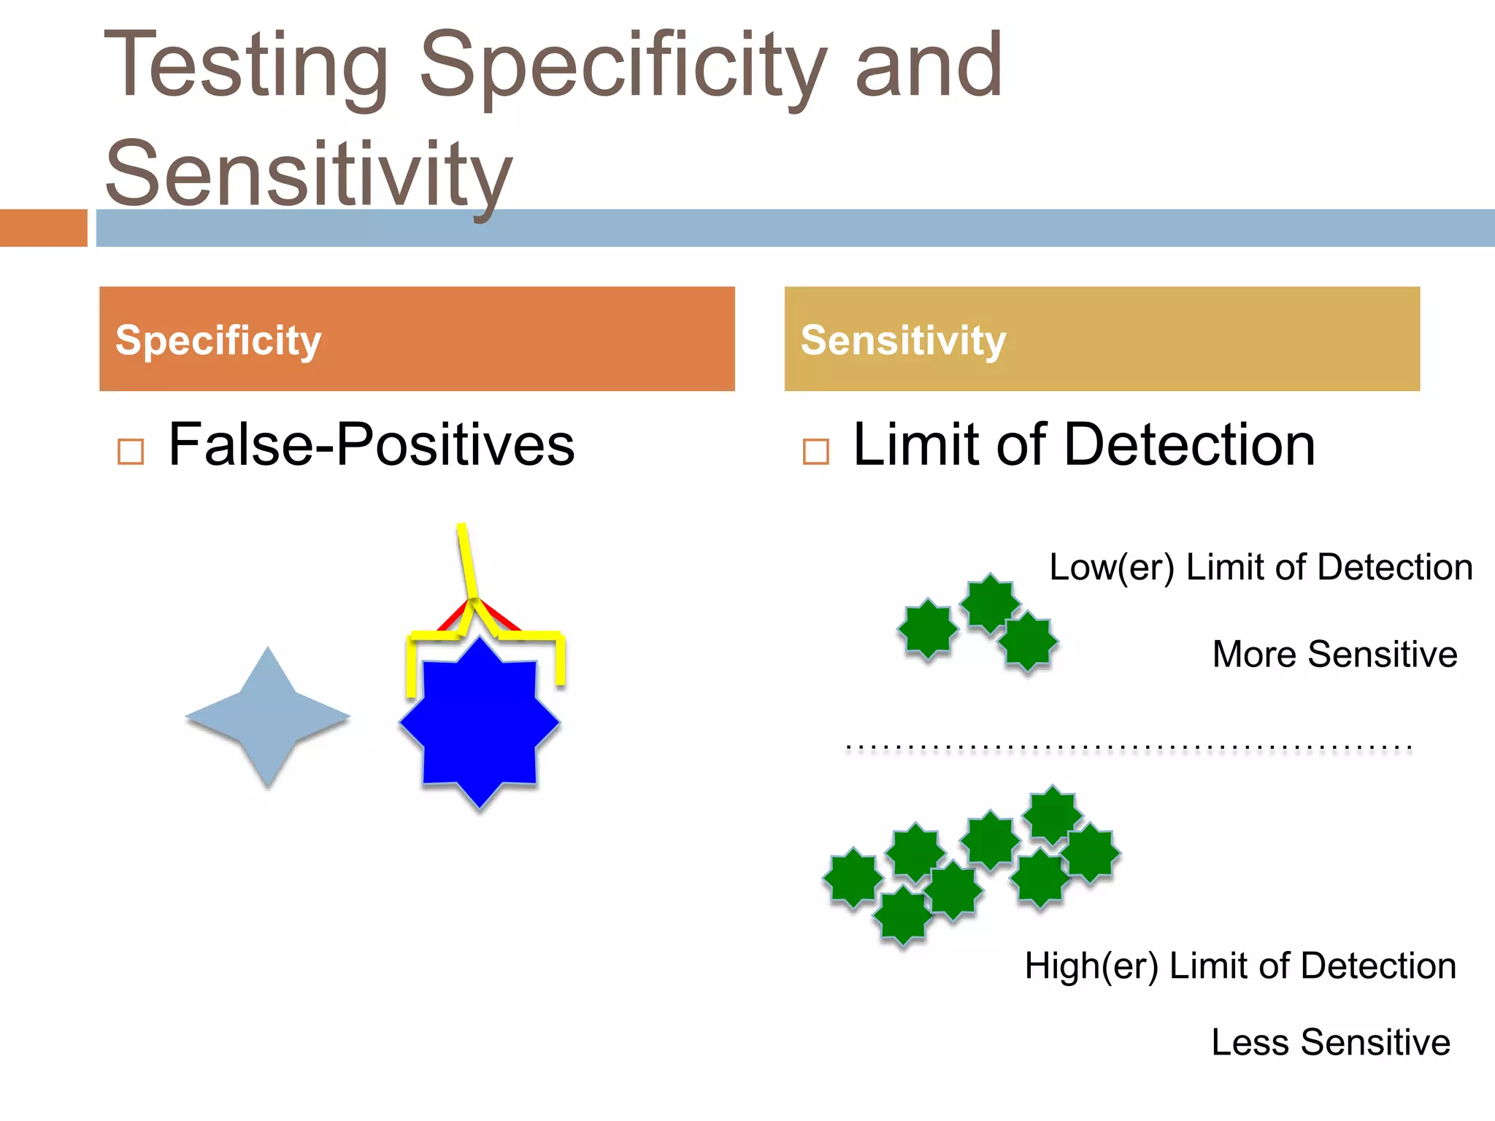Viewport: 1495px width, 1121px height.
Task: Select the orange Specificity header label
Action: click(218, 340)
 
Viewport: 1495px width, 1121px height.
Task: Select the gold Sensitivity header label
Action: click(903, 340)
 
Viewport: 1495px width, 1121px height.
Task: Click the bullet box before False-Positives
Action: click(131, 452)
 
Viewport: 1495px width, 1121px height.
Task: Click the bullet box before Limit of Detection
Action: click(815, 452)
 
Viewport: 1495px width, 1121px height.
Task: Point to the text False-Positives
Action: click(371, 444)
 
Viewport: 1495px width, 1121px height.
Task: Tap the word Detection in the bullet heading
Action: click(1190, 444)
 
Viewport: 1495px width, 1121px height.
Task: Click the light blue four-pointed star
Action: click(268, 717)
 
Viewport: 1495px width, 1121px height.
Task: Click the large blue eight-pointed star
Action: click(480, 723)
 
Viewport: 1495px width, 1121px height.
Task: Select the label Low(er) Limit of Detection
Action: click(1261, 567)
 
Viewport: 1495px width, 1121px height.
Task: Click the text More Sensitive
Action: click(1334, 654)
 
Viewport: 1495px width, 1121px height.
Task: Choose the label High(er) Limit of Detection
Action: click(1240, 966)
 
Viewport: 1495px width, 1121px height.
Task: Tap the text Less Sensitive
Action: click(1330, 1042)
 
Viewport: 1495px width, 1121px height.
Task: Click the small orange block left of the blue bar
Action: click(43, 228)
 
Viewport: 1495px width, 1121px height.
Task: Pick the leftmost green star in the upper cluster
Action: click(927, 628)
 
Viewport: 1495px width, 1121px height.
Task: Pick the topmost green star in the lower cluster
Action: click(1052, 814)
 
